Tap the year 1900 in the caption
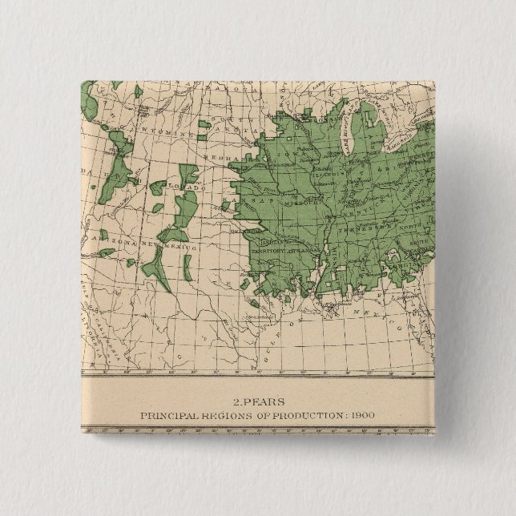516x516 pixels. click(361, 414)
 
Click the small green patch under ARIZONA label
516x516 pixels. click(130, 262)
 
